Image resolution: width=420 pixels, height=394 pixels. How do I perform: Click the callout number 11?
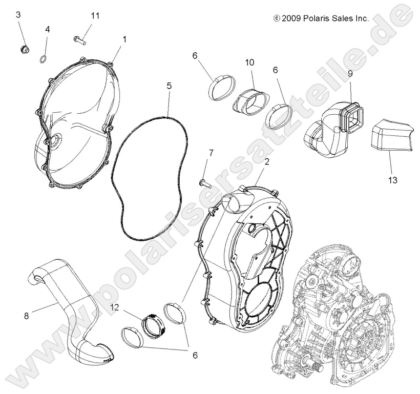point(95,15)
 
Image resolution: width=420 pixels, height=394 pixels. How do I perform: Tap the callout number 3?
point(18,15)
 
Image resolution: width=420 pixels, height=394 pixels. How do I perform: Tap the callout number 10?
point(249,63)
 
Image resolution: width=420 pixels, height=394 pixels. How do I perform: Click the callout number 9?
point(350,73)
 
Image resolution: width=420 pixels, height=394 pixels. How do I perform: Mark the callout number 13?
point(393,180)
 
